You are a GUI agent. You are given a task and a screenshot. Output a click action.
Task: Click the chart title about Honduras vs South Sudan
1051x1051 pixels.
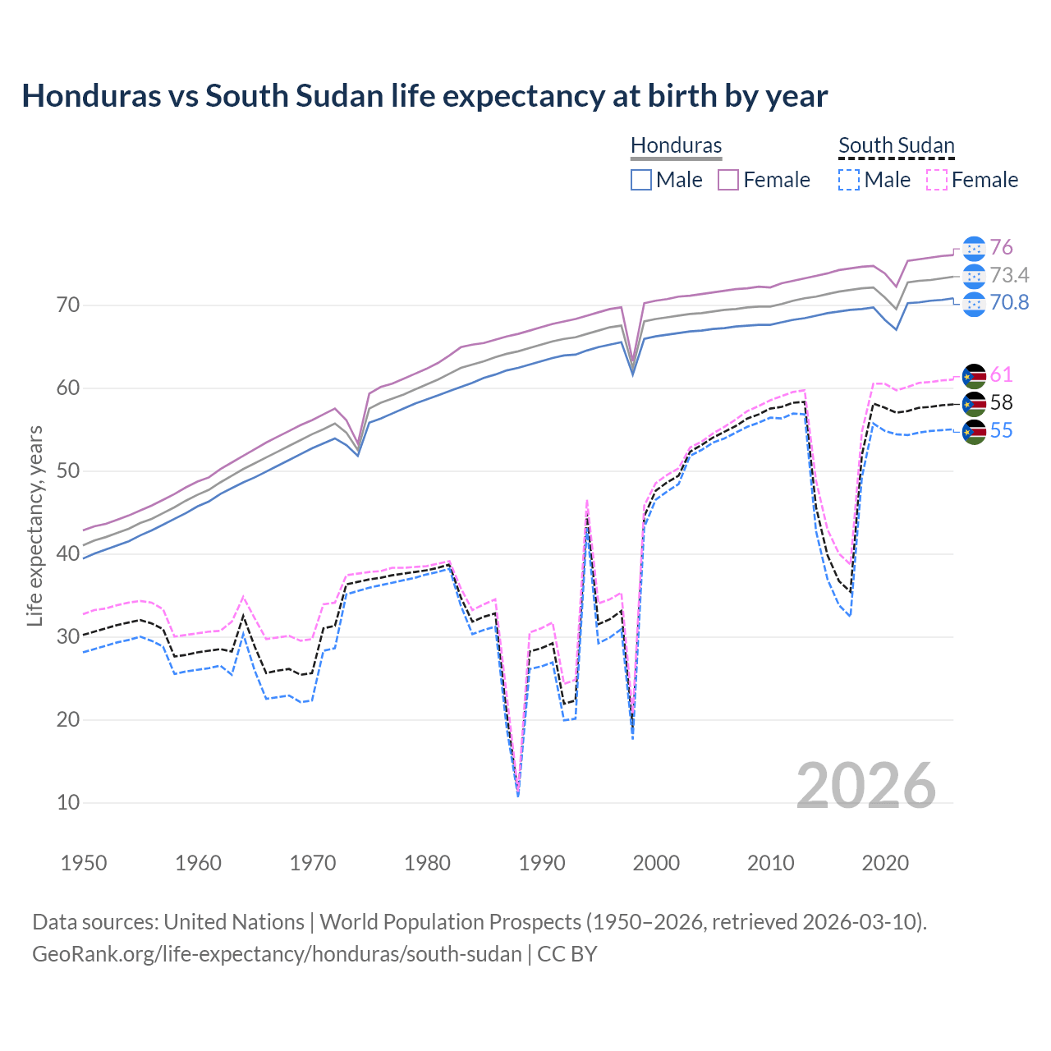[x=425, y=96]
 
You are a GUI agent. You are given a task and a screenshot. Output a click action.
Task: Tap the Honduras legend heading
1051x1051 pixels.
[x=676, y=145]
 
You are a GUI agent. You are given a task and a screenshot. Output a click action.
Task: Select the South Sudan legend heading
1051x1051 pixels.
[x=896, y=145]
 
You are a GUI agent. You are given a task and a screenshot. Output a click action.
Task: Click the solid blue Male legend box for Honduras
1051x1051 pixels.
[x=641, y=180]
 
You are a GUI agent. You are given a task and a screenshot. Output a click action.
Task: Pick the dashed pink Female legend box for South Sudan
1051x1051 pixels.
[x=937, y=180]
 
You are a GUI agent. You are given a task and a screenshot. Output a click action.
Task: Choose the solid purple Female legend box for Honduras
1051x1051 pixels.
[x=728, y=180]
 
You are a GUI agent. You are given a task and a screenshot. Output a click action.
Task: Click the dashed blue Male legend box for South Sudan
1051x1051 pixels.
[x=849, y=180]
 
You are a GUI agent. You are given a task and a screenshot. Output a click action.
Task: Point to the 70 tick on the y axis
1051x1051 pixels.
[x=68, y=305]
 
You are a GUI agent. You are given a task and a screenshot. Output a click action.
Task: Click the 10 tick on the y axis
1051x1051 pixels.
[x=68, y=802]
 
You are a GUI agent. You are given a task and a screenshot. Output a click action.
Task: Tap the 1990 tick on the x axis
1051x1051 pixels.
[x=542, y=863]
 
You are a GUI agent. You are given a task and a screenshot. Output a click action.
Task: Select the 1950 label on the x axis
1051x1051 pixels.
[x=84, y=863]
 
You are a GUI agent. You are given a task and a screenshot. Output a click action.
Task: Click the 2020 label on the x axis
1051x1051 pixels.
[x=885, y=863]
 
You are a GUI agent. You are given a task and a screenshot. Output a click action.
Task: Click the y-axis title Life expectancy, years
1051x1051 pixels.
[x=34, y=525]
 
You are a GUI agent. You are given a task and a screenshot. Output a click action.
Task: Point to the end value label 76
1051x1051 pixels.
[x=1001, y=248]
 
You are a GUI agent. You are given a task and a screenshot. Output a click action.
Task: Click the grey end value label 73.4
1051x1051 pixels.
[x=1009, y=275]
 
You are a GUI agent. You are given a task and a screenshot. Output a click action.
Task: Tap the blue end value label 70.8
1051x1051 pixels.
[x=1009, y=303]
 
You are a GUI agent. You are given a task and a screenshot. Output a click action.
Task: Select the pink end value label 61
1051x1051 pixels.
[x=1001, y=375]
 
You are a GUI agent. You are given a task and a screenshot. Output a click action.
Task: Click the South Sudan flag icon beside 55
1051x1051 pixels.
[x=974, y=431]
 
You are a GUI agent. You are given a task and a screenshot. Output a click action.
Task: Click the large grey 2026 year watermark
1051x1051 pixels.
[x=865, y=786]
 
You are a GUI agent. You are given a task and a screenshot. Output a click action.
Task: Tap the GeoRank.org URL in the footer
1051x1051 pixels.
[x=277, y=954]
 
